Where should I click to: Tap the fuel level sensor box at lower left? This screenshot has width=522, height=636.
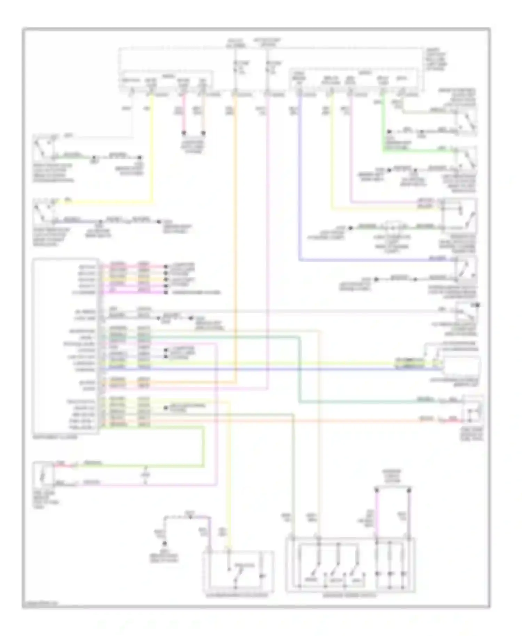pyautogui.click(x=43, y=474)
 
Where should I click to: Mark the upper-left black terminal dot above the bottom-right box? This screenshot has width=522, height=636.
pyautogui.click(x=377, y=490)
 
